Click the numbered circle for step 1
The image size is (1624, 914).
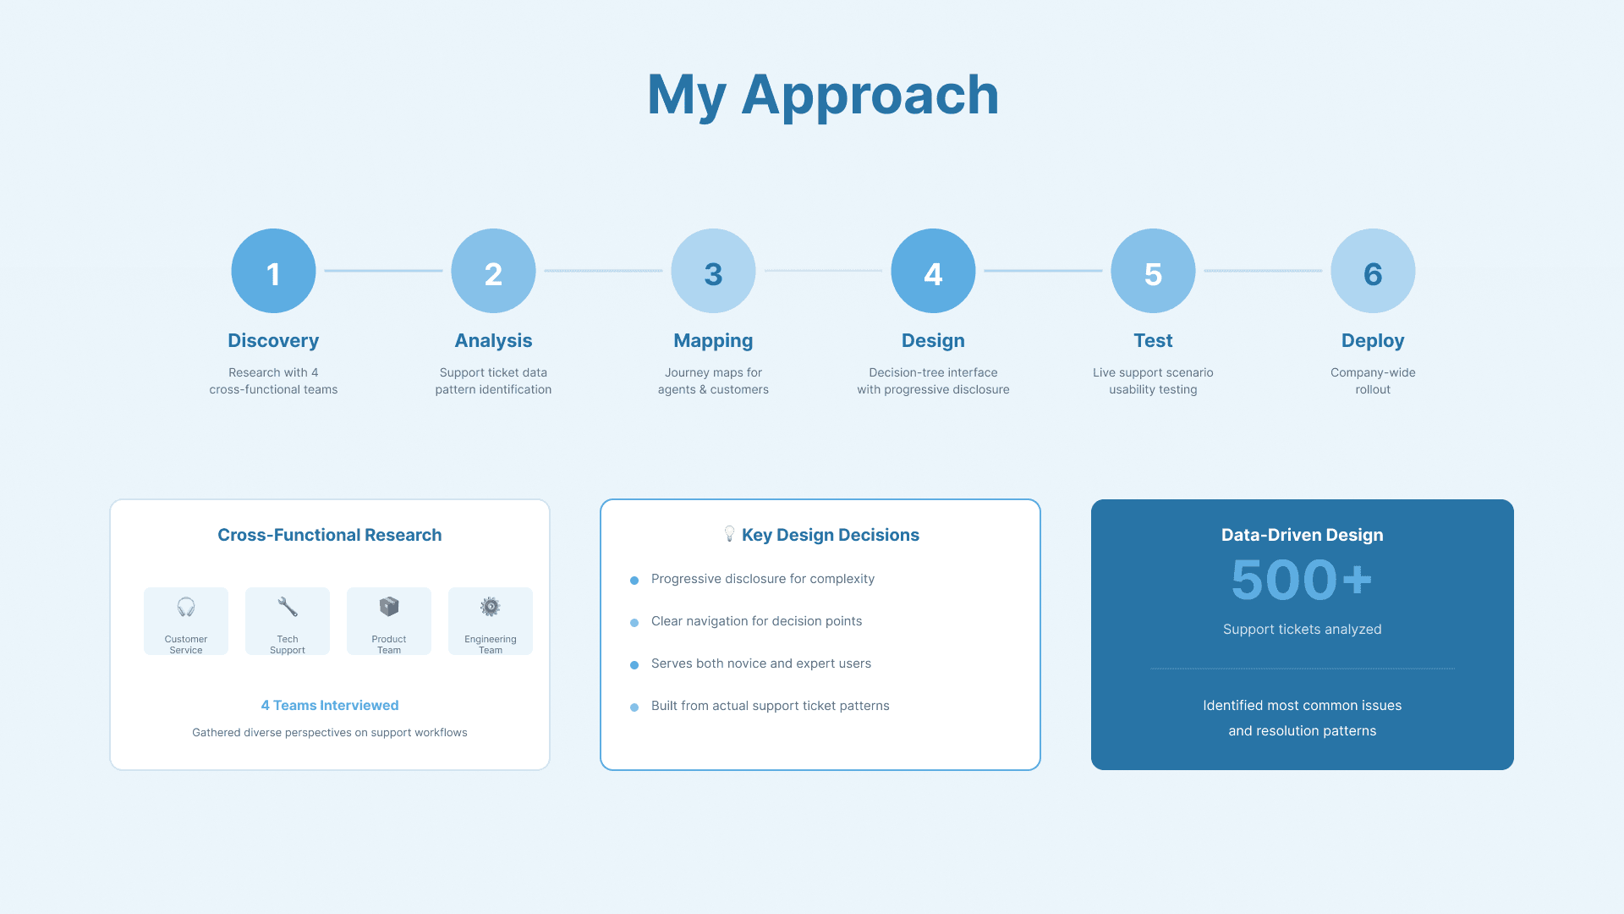[x=273, y=271]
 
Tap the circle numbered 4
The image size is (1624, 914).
[x=933, y=271]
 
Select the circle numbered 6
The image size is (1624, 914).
[x=1373, y=271]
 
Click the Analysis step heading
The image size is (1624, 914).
[x=493, y=340]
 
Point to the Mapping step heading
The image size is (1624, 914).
[x=713, y=340]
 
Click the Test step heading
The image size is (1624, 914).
[x=1153, y=340]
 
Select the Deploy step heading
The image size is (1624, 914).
[x=1373, y=340]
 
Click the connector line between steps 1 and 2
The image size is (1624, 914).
[x=383, y=271]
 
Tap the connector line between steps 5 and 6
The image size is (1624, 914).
[x=1263, y=271]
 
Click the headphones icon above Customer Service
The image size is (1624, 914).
[x=186, y=607]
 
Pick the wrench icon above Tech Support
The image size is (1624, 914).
[x=288, y=607]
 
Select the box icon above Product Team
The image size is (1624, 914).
[x=389, y=607]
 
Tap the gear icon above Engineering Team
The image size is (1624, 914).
[x=491, y=607]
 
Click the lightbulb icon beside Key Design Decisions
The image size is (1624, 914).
[x=729, y=533]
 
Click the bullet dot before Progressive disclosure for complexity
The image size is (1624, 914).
[x=634, y=581]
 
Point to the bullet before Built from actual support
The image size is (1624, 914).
[x=634, y=708]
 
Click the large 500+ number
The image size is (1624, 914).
[x=1302, y=581]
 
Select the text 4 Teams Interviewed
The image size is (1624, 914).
[x=330, y=705]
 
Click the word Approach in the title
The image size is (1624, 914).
[x=870, y=95]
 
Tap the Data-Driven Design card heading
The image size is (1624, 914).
[x=1302, y=535]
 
